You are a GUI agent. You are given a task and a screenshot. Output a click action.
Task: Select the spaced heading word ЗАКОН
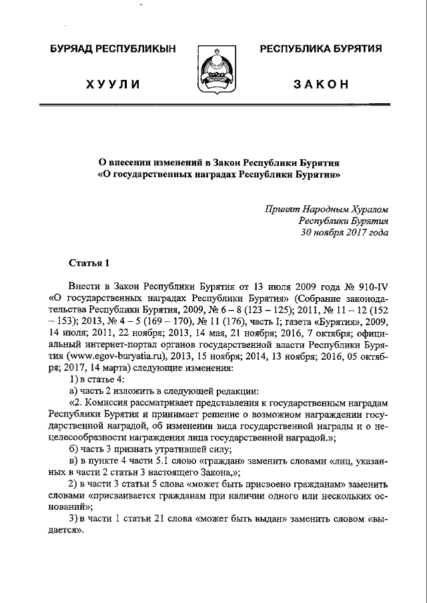[x=321, y=84]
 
